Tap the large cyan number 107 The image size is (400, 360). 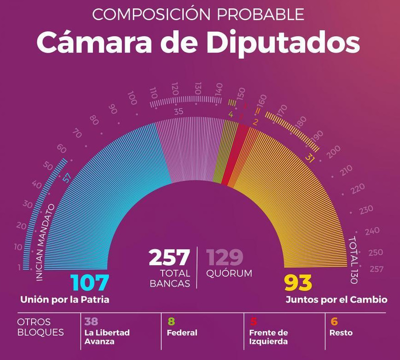tap(90, 283)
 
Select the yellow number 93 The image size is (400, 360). tap(298, 283)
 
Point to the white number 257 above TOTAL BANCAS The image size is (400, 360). tap(169, 258)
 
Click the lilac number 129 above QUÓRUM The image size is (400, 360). tap(225, 258)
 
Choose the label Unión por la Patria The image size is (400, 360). tap(65, 300)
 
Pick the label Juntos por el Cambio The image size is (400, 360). tap(336, 300)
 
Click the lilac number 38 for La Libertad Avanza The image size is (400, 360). tap(92, 322)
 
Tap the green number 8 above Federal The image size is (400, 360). tap(171, 322)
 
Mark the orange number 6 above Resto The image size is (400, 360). tap(334, 322)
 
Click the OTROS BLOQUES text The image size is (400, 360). tap(40, 327)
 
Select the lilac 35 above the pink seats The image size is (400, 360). tap(179, 111)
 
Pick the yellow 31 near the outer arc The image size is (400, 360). tap(311, 158)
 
